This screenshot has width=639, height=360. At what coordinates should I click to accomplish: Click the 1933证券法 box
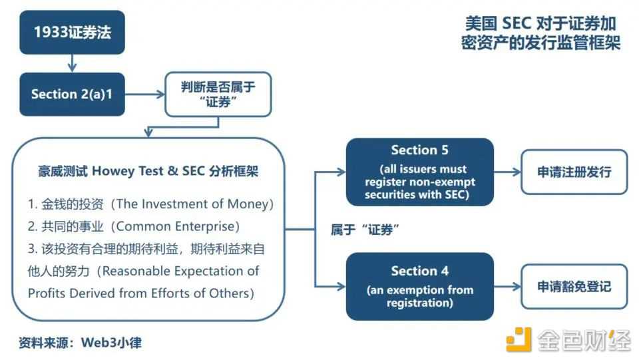[72, 32]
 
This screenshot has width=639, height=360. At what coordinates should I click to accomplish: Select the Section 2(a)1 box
[72, 94]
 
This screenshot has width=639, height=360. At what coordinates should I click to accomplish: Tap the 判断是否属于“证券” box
[218, 94]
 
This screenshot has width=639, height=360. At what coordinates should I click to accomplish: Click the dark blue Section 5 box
[419, 172]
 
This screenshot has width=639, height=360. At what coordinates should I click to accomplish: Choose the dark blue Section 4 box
[419, 286]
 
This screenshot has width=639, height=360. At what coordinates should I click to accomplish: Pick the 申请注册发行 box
[574, 172]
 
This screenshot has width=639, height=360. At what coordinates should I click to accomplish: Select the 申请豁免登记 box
[574, 286]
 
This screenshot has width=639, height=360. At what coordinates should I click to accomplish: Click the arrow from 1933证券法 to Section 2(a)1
[72, 63]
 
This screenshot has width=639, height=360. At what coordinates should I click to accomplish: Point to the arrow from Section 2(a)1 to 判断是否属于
[144, 94]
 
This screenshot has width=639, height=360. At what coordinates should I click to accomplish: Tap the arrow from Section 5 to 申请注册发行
[507, 172]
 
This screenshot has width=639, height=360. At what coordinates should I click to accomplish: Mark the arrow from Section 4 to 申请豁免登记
[507, 286]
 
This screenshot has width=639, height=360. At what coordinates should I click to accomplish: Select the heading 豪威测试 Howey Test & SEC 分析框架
[148, 171]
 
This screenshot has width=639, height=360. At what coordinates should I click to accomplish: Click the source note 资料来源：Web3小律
[80, 343]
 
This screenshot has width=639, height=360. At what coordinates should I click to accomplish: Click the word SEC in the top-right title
[518, 23]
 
